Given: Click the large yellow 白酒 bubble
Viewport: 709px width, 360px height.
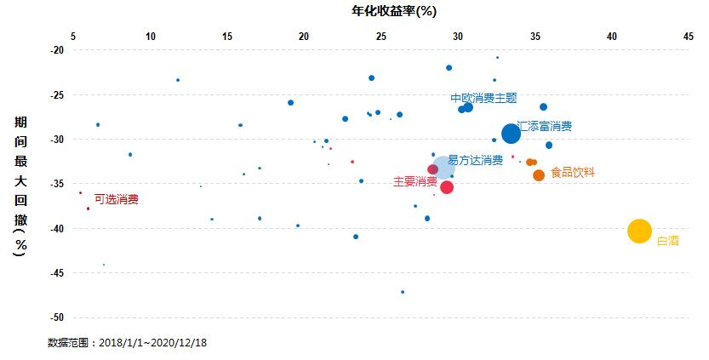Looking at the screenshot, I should (x=639, y=231).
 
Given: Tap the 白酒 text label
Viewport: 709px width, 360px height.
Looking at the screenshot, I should (x=667, y=241).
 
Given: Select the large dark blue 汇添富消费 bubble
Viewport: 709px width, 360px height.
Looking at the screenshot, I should (x=511, y=134).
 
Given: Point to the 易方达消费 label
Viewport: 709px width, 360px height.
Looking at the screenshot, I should (x=475, y=159).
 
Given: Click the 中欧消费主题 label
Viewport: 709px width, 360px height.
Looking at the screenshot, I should (x=483, y=98).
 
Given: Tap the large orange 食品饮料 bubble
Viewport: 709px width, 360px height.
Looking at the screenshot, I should (x=539, y=175).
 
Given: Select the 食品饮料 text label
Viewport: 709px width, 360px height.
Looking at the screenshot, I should (x=572, y=172).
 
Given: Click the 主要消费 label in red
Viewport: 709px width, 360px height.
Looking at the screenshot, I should (x=415, y=181).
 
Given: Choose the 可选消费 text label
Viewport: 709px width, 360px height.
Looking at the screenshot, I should (x=116, y=199).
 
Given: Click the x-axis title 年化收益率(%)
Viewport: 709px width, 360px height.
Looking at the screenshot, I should (x=370, y=11).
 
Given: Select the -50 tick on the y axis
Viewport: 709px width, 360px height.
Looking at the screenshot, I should (x=57, y=317).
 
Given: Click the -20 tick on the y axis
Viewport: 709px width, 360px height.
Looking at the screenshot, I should (x=57, y=50).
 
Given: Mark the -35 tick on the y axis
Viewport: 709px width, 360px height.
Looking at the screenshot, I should (x=57, y=184).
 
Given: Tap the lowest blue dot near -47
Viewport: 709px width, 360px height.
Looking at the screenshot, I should (x=403, y=292).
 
